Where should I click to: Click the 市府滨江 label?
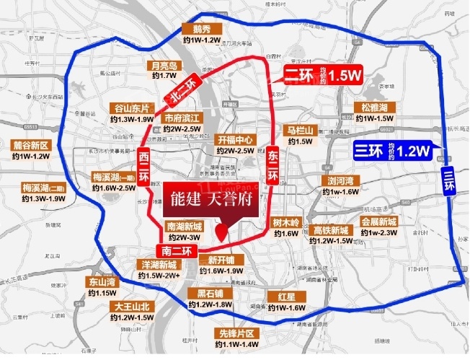[x=179, y=118]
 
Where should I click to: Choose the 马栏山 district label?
[x=298, y=131]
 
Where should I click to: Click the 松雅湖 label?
[x=373, y=107]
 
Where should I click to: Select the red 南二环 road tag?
[x=176, y=251]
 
